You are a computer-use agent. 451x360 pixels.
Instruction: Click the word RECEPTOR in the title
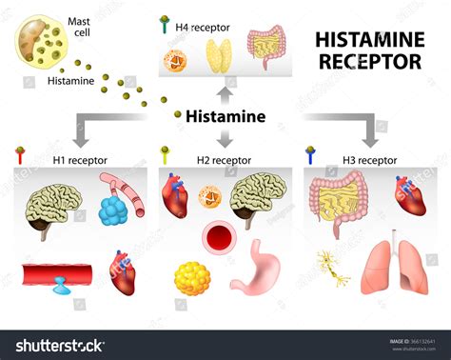coord(367,62)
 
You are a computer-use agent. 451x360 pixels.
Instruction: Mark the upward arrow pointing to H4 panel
coord(225,93)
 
